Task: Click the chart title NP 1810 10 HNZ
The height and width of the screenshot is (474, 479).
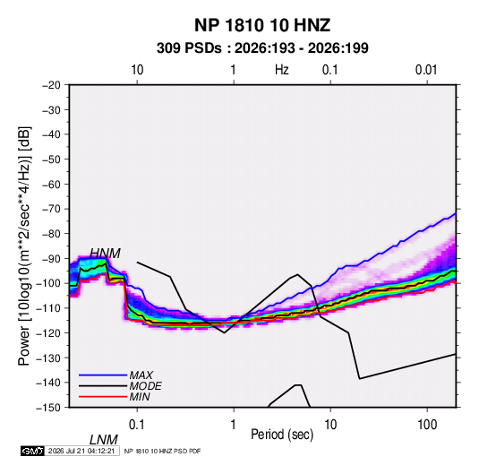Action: coord(262,25)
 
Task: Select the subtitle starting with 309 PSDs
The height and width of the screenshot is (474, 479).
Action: coord(262,48)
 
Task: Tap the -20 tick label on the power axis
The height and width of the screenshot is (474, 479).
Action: coord(51,85)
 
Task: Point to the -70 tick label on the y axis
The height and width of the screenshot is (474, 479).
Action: coord(51,209)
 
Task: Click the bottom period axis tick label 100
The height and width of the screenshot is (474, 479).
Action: coord(427,425)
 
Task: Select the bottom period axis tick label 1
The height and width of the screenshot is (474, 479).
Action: coord(234,425)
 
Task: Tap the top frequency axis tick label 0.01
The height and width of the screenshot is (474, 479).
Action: coord(426,70)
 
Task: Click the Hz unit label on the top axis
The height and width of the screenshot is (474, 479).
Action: coord(282,70)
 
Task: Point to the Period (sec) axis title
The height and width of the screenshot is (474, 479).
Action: coord(282,435)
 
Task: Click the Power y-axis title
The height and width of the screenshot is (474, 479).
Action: coord(24,246)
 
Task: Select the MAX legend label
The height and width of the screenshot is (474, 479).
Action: coord(141,375)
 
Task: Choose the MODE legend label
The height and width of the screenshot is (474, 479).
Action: coord(145,386)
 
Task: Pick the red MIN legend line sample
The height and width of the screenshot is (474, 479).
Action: coord(103,397)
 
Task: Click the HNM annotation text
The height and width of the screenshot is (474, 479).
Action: coord(105,254)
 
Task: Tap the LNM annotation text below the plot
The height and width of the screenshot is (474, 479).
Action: coord(103,440)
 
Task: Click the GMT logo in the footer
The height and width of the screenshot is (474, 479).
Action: coord(32,451)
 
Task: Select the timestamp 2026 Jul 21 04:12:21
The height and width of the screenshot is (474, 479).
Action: coord(81,451)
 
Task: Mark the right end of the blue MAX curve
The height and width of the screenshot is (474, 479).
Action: coord(456,213)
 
